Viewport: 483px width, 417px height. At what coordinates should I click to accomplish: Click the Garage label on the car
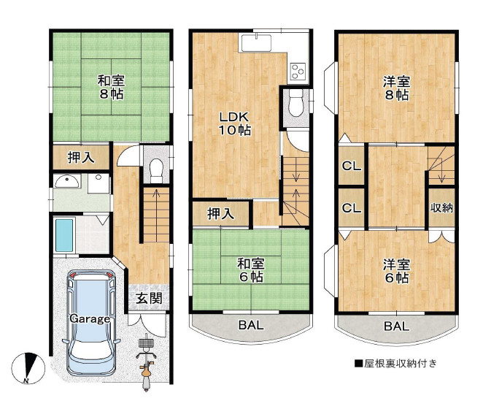coord(90,318)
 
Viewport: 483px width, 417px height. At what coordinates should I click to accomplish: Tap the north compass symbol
coord(28,368)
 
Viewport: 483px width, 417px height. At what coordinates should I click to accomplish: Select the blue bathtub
coord(64,235)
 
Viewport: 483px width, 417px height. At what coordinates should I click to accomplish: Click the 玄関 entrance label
coord(149,298)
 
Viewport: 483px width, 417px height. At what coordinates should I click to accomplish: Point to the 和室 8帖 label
coord(111,88)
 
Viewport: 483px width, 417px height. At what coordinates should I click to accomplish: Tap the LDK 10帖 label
coord(234,123)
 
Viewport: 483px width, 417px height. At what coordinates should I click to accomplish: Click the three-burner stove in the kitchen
coord(298,72)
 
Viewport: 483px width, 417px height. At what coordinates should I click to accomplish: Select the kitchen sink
coord(256,43)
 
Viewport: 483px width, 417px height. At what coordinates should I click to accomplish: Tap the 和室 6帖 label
coord(252,270)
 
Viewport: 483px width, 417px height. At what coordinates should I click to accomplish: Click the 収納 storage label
coord(441,208)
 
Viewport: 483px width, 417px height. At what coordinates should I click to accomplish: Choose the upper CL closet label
coord(352,167)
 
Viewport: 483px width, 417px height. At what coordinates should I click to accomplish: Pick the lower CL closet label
coord(352,208)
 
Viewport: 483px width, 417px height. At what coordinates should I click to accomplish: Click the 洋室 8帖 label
coord(397,88)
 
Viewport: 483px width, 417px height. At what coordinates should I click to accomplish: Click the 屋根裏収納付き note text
coord(396,364)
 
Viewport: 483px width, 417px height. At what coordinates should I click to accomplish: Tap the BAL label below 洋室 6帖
coord(397,326)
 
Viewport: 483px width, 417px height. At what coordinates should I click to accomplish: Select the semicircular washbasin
coord(67,182)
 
